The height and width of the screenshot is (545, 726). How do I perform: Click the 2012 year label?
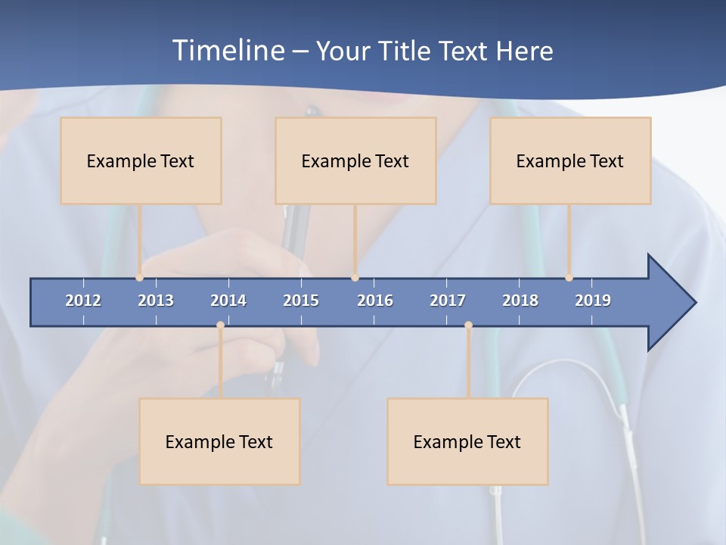pyautogui.click(x=83, y=301)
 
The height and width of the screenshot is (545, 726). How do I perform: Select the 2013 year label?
pyautogui.click(x=156, y=301)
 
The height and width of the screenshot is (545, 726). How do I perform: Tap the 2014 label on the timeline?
pyautogui.click(x=228, y=301)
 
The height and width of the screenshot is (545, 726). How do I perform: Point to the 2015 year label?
pyautogui.click(x=301, y=301)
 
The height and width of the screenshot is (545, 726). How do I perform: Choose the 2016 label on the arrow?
pyautogui.click(x=375, y=301)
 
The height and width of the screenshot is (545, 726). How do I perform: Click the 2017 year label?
pyautogui.click(x=448, y=301)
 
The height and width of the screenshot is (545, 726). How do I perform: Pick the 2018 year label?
pyautogui.click(x=520, y=301)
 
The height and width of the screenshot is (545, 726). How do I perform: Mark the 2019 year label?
pyautogui.click(x=593, y=301)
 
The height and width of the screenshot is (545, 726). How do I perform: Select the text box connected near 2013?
pyautogui.click(x=141, y=160)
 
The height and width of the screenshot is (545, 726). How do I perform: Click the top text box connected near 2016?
pyautogui.click(x=355, y=160)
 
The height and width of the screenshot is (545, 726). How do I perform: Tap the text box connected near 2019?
pyautogui.click(x=570, y=160)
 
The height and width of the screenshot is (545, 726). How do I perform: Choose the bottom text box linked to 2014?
pyautogui.click(x=219, y=441)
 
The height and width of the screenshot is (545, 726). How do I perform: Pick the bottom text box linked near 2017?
pyautogui.click(x=467, y=441)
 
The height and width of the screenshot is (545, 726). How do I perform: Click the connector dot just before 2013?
pyautogui.click(x=140, y=278)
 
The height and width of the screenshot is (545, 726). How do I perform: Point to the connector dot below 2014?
pyautogui.click(x=220, y=325)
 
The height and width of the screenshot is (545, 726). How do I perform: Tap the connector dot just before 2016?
pyautogui.click(x=355, y=278)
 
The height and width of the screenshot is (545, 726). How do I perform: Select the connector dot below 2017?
pyautogui.click(x=468, y=325)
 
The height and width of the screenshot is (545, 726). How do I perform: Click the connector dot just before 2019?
pyautogui.click(x=569, y=278)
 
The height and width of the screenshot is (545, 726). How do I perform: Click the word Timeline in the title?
pyautogui.click(x=228, y=50)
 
